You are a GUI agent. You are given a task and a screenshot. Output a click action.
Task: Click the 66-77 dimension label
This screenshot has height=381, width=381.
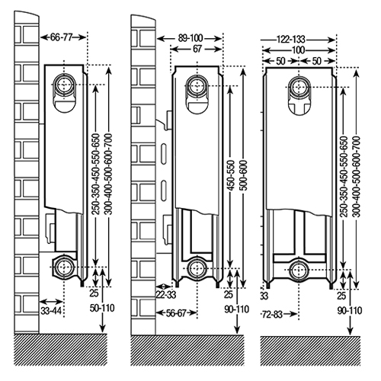[x=61, y=37]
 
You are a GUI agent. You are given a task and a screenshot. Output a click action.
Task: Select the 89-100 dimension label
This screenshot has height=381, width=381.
[x=190, y=38]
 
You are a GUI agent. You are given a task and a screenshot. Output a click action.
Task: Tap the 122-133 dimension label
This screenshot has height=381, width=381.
[x=290, y=40]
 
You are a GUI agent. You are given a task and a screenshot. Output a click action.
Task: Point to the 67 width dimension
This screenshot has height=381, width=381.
[x=197, y=49]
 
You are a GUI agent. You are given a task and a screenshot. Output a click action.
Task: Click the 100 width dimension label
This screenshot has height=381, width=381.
[x=298, y=50]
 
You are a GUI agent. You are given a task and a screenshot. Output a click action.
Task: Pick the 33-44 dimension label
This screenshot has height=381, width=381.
[x=51, y=311]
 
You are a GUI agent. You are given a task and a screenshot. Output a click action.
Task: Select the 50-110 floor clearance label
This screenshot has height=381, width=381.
[x=102, y=308]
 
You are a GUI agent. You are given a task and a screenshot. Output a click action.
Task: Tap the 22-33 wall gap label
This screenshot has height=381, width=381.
[x=165, y=295]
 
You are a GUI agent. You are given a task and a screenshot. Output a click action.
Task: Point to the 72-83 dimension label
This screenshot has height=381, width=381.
[x=271, y=315]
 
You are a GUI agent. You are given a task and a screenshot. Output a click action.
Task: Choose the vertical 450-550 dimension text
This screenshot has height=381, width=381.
[x=230, y=175]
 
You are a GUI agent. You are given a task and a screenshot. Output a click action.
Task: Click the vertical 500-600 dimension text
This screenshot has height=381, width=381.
[x=244, y=175]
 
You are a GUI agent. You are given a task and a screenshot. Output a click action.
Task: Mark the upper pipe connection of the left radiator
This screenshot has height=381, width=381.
[x=64, y=85]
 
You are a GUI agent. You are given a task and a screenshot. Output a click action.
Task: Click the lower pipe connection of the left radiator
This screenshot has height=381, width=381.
[x=63, y=267]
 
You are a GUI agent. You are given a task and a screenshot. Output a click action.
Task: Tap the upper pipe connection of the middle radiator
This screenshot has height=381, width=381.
[x=197, y=86]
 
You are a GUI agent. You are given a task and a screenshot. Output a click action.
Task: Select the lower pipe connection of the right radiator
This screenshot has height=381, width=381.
[x=299, y=270]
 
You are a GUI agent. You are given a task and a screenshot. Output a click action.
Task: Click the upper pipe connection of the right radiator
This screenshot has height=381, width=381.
[x=299, y=87]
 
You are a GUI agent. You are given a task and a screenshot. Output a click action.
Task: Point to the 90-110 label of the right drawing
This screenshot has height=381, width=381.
[x=350, y=310]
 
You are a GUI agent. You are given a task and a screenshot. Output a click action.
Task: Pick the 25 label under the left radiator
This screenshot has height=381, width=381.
[x=94, y=293]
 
